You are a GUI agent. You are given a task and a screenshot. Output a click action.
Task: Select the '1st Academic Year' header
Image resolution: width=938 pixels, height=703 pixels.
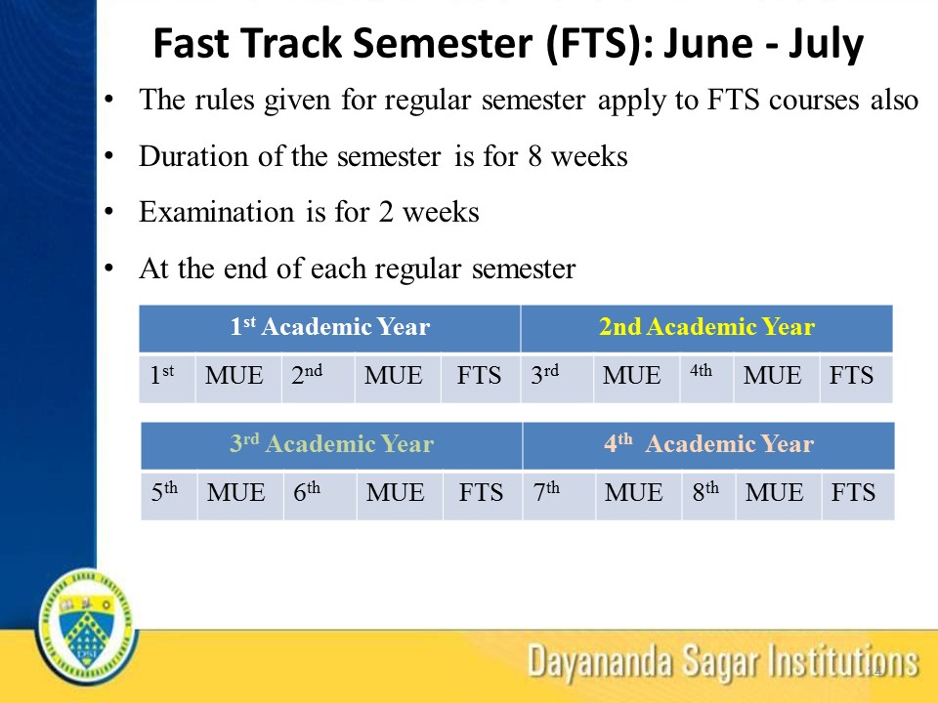click(329, 327)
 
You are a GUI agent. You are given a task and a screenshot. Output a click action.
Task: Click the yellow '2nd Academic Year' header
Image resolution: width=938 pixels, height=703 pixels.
click(706, 327)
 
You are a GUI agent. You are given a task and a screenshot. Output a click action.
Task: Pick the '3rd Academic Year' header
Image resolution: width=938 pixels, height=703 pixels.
click(331, 443)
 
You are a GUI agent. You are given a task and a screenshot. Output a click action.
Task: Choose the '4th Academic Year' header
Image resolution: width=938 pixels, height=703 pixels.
click(709, 443)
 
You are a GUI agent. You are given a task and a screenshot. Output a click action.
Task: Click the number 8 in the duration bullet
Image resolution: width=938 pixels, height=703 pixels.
click(534, 156)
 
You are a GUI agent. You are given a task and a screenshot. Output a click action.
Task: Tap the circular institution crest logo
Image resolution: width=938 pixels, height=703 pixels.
click(88, 627)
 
